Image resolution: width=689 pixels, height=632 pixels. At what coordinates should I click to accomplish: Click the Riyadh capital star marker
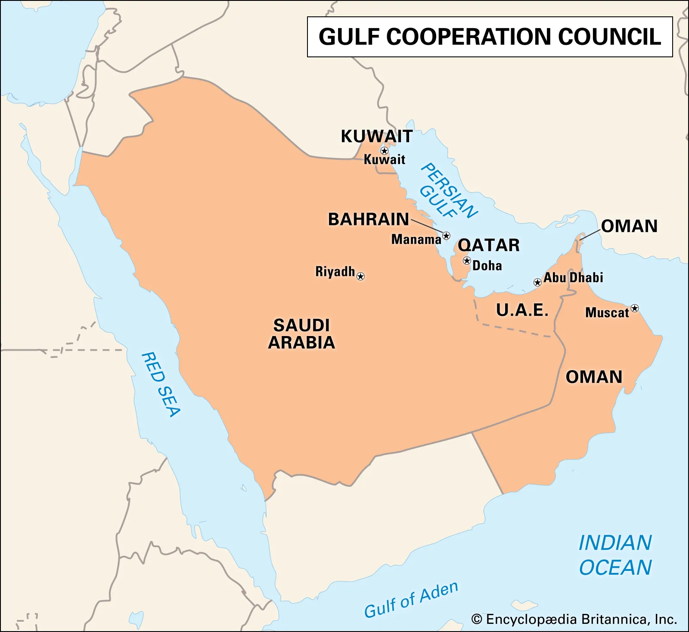click(x=361, y=276)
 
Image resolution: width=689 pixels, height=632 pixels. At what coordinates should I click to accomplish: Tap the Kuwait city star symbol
click(x=384, y=151)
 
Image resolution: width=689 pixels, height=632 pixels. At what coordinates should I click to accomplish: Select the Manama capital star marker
click(x=446, y=236)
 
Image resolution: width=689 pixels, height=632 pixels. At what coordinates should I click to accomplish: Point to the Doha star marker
click(x=467, y=261)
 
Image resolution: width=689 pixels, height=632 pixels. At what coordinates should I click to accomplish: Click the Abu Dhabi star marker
click(x=537, y=283)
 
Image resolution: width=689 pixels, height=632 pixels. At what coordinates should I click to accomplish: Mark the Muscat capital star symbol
click(x=635, y=308)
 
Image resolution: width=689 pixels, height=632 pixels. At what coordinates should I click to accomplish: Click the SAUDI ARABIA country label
click(x=301, y=334)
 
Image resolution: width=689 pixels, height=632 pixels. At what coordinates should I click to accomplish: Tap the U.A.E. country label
click(x=522, y=310)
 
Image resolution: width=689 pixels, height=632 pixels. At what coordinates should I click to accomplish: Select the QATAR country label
click(x=489, y=245)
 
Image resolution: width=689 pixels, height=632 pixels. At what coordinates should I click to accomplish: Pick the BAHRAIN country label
click(x=369, y=219)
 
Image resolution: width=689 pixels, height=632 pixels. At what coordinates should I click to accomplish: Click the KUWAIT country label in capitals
click(x=377, y=136)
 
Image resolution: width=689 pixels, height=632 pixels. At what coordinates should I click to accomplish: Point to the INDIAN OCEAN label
click(x=615, y=555)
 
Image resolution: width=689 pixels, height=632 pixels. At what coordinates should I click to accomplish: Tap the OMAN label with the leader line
click(x=629, y=226)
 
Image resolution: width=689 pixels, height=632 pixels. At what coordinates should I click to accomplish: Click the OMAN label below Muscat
click(x=594, y=377)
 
